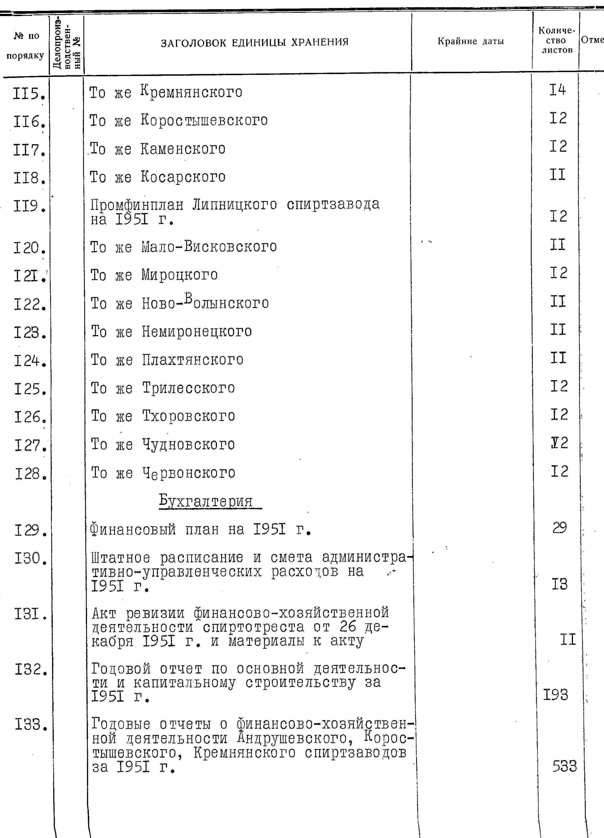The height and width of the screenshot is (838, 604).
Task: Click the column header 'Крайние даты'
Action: pos(471,41)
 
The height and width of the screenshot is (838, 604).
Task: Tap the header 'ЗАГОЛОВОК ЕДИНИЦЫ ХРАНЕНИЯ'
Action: pos(255,42)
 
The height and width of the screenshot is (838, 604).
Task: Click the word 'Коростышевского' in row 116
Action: pos(204,120)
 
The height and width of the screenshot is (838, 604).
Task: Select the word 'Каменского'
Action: pos(183,149)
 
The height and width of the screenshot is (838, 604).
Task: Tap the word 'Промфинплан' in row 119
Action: pos(137,204)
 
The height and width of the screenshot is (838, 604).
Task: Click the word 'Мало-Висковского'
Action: pos(209,247)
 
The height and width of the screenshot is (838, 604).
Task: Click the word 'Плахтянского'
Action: pos(193,359)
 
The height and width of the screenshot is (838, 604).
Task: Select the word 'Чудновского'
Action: pos(189,445)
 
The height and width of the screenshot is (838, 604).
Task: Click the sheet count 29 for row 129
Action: pos(559,528)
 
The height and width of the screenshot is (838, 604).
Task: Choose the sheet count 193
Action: pos(555,695)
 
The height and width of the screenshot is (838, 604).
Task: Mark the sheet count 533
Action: pos(564,766)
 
